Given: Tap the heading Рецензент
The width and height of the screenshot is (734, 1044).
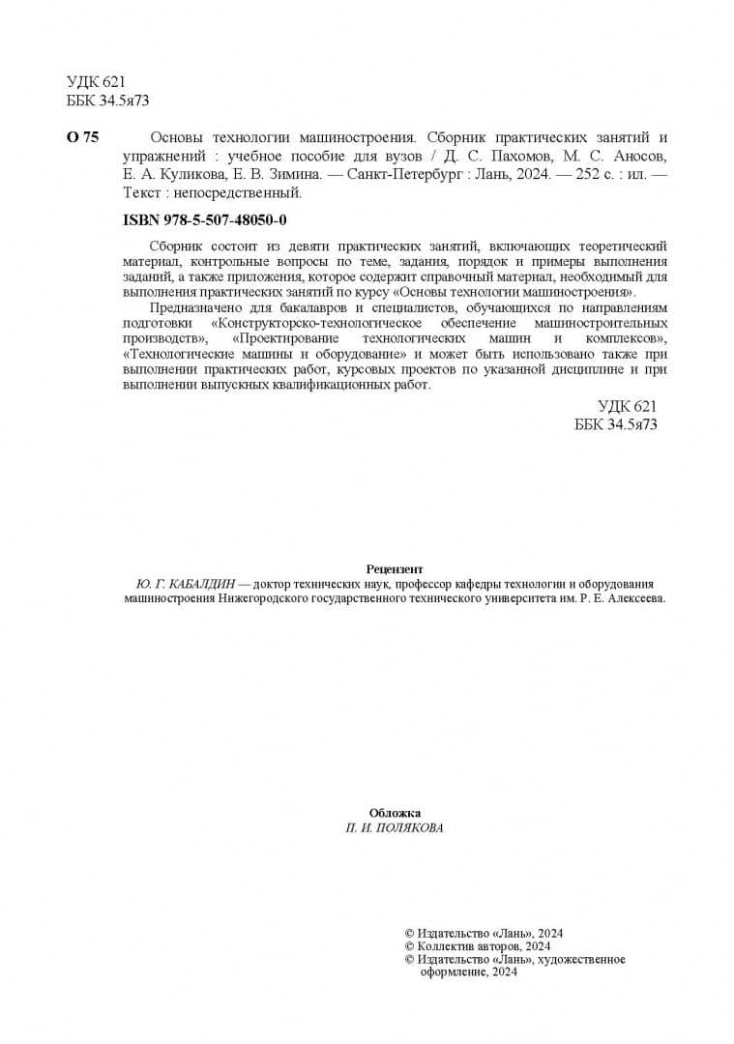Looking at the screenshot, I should coord(395,569).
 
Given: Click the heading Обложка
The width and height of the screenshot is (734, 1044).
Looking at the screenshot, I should coord(395,813).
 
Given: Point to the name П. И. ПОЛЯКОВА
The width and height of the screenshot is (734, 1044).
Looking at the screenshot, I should coord(395,828).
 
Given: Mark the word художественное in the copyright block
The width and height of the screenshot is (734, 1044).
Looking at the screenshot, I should coord(583,960).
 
